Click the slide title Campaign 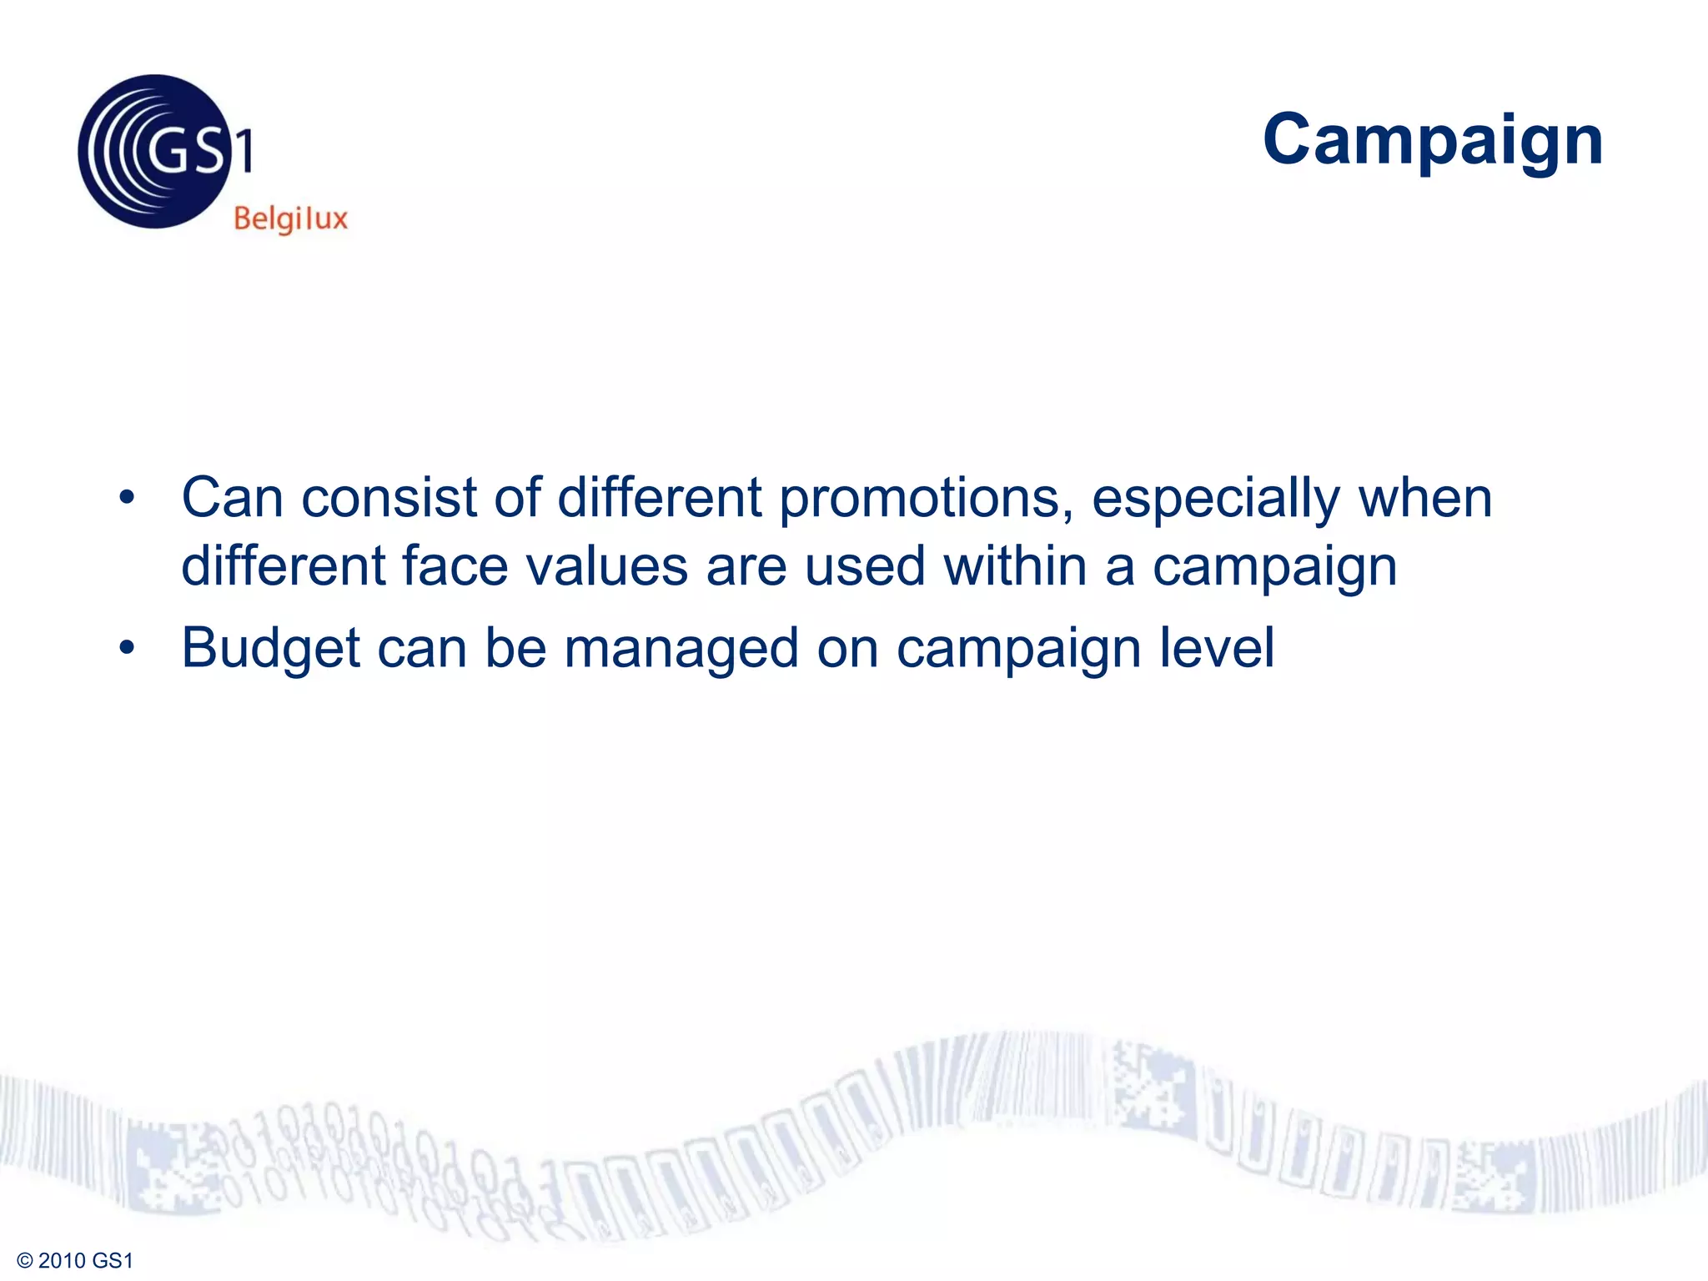(1432, 140)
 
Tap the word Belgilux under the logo (290, 219)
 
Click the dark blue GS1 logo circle (154, 152)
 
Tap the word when (1424, 498)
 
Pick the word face (455, 566)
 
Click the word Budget (271, 649)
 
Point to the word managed (681, 649)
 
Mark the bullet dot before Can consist (127, 498)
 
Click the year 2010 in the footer (62, 1260)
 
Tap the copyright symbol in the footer (24, 1260)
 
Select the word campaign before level (1018, 649)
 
